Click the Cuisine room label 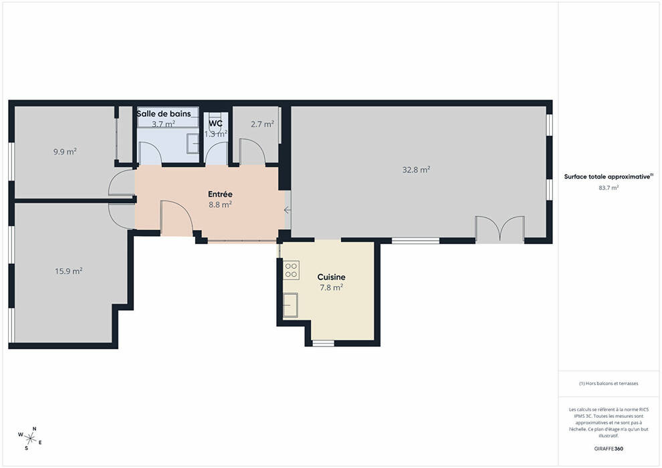tap(332, 277)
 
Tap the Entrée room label tap(220, 194)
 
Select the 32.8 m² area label tap(416, 170)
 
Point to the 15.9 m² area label tap(68, 271)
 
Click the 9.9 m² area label tap(65, 152)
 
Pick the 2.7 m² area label tap(262, 124)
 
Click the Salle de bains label tap(164, 114)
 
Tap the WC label tap(216, 123)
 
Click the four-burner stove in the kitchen tap(291, 271)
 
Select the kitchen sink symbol tap(290, 305)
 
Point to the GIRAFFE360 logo tap(609, 449)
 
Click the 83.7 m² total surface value tap(609, 188)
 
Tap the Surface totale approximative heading tap(609, 177)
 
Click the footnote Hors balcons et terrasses tap(609, 384)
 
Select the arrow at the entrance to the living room tap(287, 210)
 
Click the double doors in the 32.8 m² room tap(500, 229)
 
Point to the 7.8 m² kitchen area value tap(332, 287)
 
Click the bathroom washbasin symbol tap(193, 144)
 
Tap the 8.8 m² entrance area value tap(220, 205)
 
